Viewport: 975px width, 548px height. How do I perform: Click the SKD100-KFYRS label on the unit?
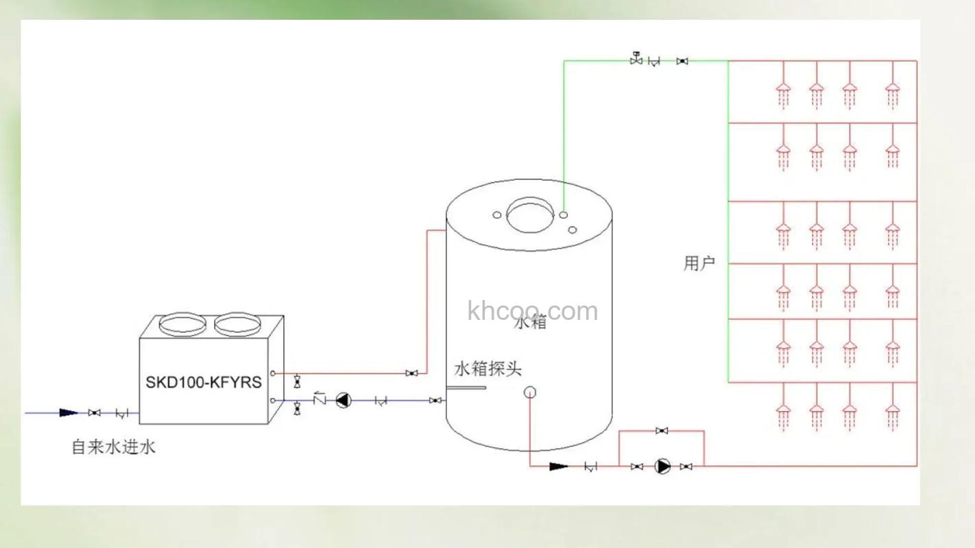coord(203,382)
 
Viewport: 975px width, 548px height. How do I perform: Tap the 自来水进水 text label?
coord(114,447)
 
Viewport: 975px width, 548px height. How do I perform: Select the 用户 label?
coord(699,263)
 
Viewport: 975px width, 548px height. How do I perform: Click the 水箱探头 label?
coord(487,369)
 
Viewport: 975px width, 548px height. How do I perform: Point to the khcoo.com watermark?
coord(532,311)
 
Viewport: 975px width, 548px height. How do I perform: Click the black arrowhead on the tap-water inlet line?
coord(69,413)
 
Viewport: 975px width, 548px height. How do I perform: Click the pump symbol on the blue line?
coord(342,401)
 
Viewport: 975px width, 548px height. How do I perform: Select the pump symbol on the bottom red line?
coord(662,466)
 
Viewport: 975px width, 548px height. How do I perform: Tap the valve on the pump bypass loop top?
coord(662,431)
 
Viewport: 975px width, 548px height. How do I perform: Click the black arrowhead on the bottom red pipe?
coord(559,466)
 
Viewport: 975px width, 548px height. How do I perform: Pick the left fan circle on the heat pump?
coord(182,324)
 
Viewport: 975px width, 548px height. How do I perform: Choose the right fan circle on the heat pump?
coord(237,324)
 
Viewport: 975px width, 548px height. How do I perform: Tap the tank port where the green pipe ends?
coord(563,214)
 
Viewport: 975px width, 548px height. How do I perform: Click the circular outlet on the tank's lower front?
coord(529,393)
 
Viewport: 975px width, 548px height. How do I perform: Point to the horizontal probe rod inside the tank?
coord(466,388)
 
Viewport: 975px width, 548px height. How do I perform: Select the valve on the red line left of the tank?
coord(411,373)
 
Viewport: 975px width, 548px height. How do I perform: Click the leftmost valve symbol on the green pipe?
coord(636,60)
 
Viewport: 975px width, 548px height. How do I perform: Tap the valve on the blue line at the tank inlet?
coord(435,401)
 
